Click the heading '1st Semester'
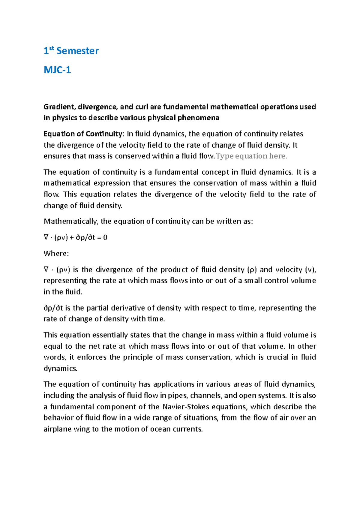pos(71,51)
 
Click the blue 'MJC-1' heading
pos(57,70)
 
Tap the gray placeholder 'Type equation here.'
pos(251,156)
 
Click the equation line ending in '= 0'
pos(76,238)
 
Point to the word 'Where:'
pos(56,254)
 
